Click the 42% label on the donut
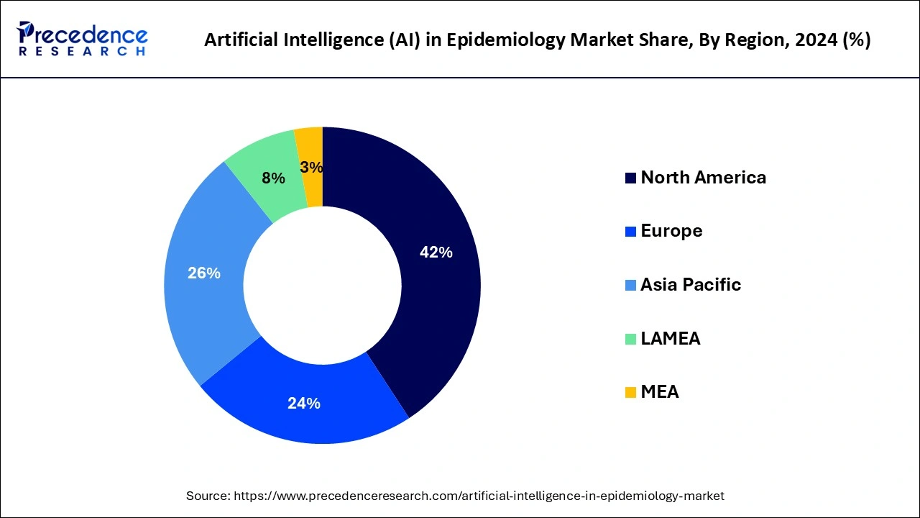[436, 253]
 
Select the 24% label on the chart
[303, 404]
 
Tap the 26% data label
[204, 273]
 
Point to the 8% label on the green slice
[273, 178]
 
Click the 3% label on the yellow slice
[311, 168]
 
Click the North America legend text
[703, 178]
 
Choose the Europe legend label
[671, 231]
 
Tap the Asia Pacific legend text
[691, 285]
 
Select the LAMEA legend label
[670, 339]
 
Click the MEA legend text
[660, 392]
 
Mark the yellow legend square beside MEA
[630, 393]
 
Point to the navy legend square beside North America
[630, 178]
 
